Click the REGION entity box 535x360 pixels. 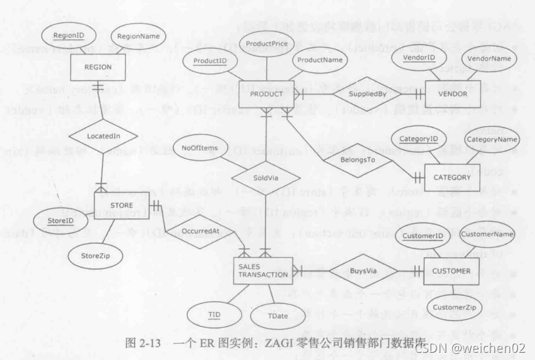coord(96,67)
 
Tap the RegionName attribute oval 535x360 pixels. coord(138,35)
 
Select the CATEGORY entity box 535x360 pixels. coord(452,177)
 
